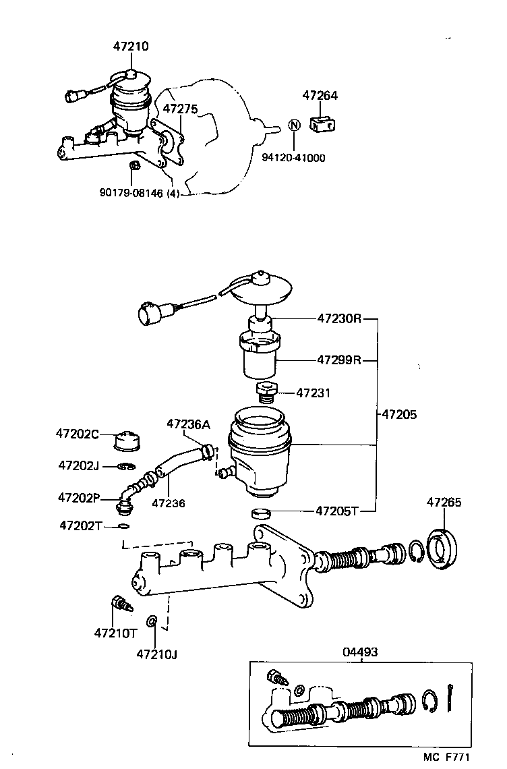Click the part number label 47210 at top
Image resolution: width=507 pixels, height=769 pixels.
coord(131,47)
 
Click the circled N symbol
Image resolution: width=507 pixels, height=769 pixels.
coord(293,125)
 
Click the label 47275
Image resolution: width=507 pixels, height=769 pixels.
coord(180,108)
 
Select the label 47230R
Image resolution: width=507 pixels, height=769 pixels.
coord(339,318)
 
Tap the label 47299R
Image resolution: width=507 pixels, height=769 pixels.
coord(339,360)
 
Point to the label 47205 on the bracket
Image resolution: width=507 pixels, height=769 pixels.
coord(399,414)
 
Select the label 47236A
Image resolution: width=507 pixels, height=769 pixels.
coord(188,424)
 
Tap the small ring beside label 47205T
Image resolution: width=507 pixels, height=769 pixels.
coord(260,513)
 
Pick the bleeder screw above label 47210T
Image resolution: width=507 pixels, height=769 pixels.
coord(119,602)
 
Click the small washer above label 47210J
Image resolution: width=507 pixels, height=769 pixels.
coord(153,620)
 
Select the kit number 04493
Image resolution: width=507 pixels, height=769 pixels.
coord(360,652)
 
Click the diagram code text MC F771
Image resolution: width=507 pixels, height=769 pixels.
coord(455,758)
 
